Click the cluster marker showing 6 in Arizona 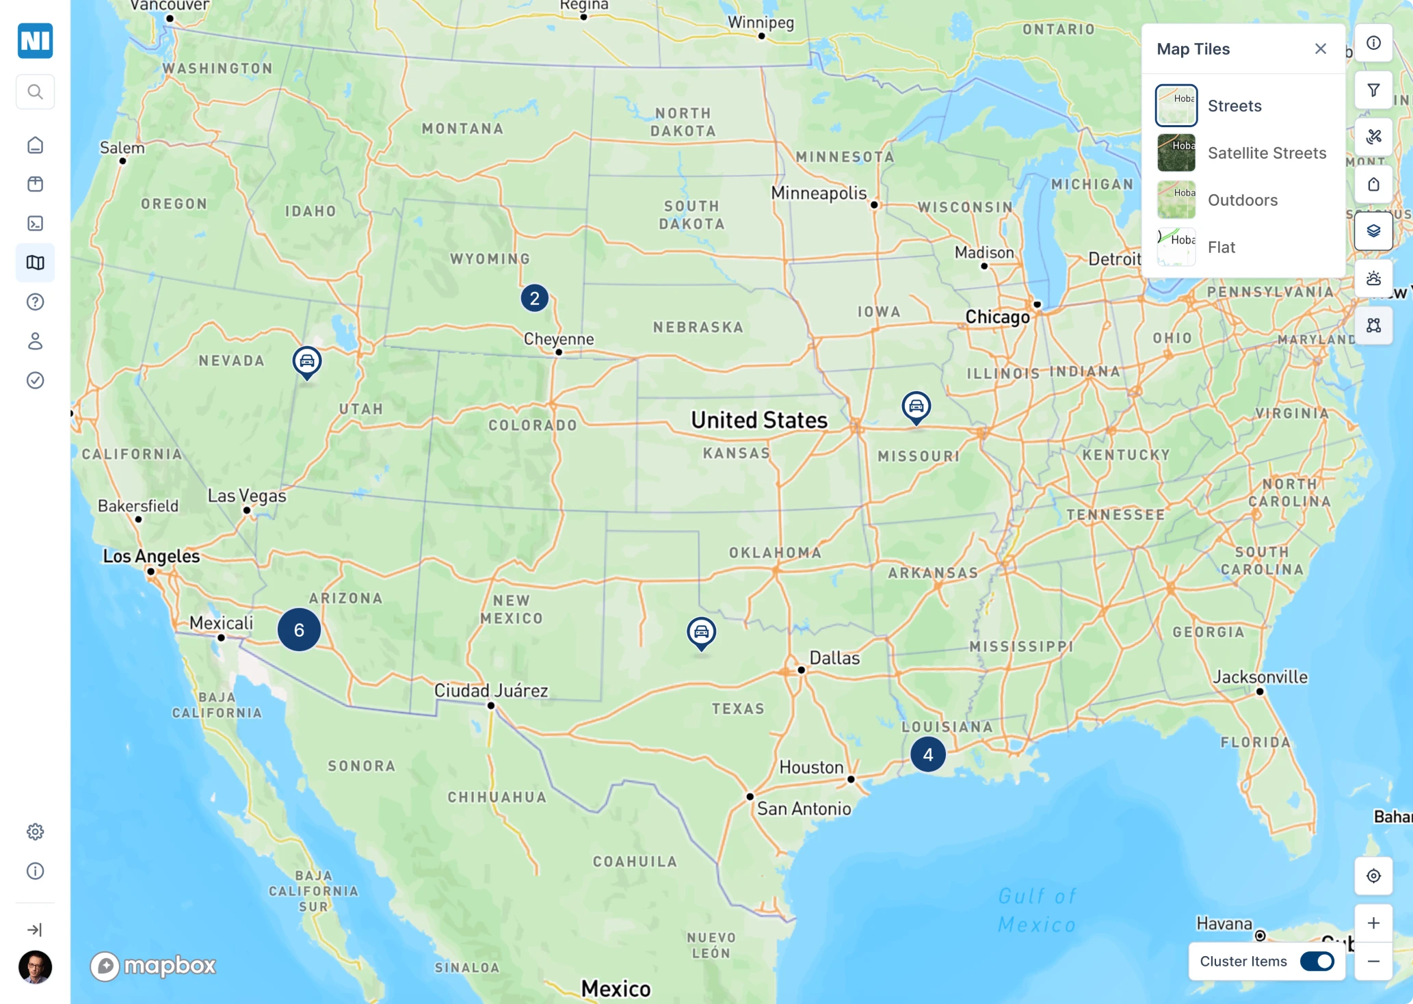299,630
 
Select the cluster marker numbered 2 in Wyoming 534,298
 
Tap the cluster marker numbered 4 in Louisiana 927,754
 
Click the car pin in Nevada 307,361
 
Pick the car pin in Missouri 916,406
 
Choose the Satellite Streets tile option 1266,153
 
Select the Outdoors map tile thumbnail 1176,200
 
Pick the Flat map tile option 1221,247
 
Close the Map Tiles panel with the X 1320,49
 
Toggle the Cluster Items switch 1317,962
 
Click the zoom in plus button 1373,923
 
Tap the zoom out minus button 1373,962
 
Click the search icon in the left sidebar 36,92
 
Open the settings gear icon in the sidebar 36,832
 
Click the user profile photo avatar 36,967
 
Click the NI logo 36,41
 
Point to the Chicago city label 997,317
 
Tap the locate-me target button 1373,876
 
